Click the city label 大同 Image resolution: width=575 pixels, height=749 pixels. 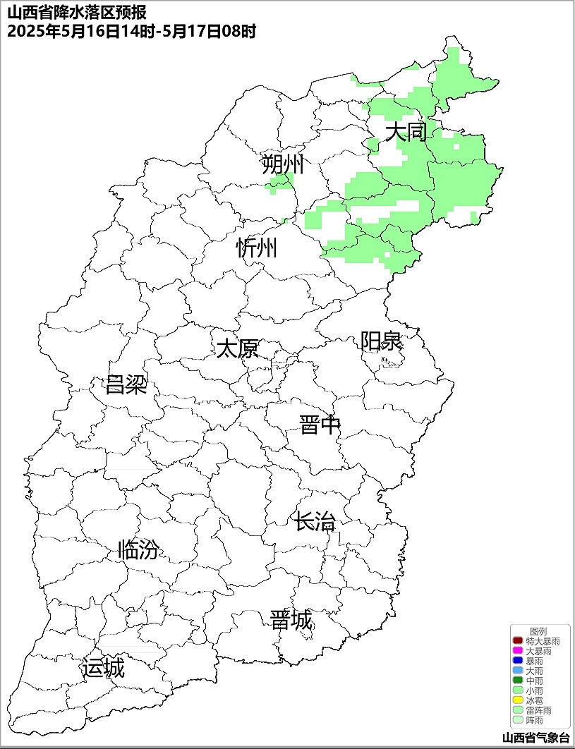tap(406, 132)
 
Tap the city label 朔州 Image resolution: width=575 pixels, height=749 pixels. tap(282, 165)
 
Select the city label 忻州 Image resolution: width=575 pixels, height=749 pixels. tap(257, 248)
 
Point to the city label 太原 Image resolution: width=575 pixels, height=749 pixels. tap(237, 348)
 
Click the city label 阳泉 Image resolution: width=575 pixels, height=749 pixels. tap(381, 341)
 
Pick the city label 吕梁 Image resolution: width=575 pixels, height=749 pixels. tap(126, 385)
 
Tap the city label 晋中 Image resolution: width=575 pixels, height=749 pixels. tap(320, 425)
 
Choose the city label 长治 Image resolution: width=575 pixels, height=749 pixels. tap(315, 523)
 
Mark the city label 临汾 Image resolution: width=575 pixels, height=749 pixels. tap(138, 549)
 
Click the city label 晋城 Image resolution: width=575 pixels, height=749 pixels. tap(291, 621)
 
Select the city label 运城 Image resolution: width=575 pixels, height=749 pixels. tap(103, 668)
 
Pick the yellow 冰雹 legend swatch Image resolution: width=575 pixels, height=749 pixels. tap(517, 701)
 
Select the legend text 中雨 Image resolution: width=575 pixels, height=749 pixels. tap(535, 681)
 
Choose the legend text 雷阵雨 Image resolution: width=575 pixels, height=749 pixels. tap(539, 711)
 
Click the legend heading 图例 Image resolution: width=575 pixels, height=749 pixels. tap(538, 631)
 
